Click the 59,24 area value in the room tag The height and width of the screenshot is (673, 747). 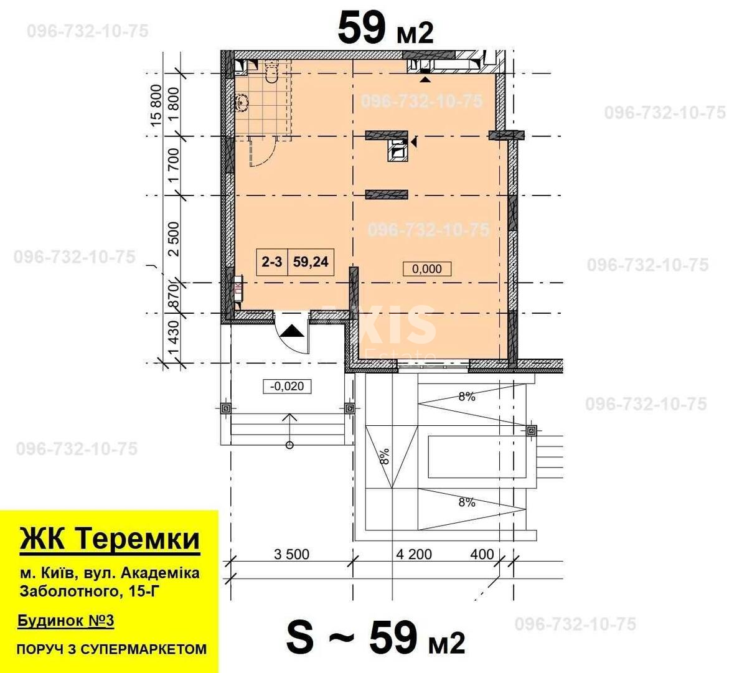[310, 262]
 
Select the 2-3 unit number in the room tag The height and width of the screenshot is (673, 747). [271, 262]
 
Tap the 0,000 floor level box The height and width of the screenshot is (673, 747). [427, 269]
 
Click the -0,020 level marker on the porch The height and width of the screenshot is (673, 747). [287, 387]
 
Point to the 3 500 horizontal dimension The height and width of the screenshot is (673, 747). [291, 554]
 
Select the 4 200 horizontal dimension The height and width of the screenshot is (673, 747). [414, 554]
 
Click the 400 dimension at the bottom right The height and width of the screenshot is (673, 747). [482, 554]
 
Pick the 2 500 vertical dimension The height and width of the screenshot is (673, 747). [174, 238]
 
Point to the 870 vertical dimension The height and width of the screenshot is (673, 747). [174, 298]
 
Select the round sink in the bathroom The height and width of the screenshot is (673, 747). [242, 102]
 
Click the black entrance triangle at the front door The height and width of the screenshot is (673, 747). [290, 331]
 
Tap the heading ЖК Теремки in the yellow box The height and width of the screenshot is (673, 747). [110, 539]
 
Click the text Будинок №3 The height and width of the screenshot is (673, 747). [65, 621]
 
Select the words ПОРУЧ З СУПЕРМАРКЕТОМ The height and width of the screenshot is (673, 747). [111, 649]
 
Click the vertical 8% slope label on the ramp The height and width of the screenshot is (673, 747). [384, 456]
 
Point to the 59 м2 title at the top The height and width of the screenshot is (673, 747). [385, 29]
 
